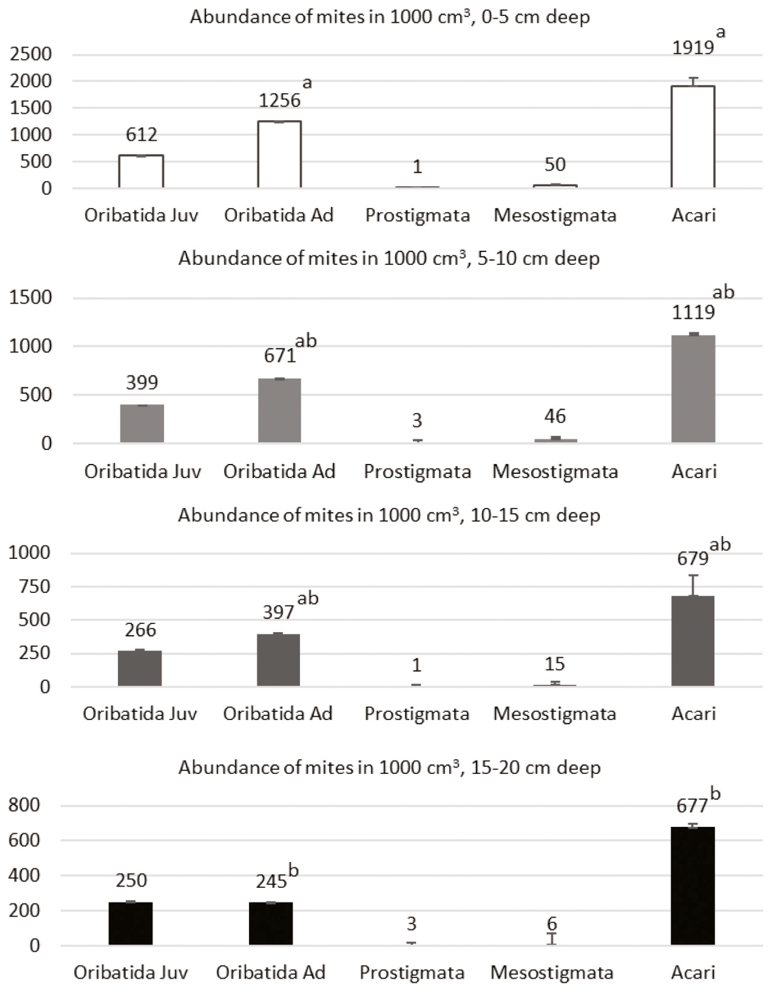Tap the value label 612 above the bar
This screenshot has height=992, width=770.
(141, 134)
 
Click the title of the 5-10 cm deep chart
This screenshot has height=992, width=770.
(389, 258)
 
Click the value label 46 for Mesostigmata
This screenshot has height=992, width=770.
(555, 416)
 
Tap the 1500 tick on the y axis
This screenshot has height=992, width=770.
(31, 298)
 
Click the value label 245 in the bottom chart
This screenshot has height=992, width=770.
(271, 882)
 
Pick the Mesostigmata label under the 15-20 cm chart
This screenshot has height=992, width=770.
(552, 972)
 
